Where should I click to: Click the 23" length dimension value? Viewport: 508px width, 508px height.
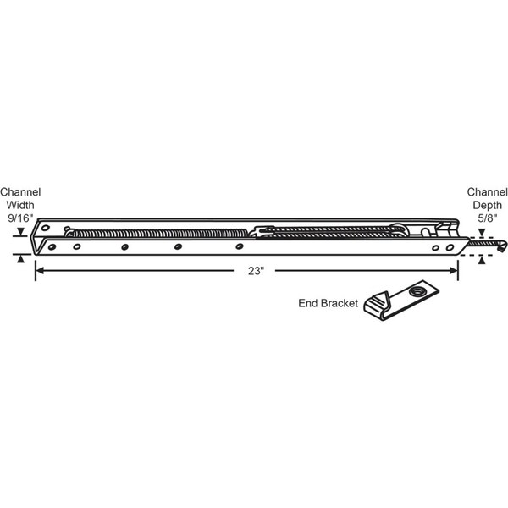point(256,271)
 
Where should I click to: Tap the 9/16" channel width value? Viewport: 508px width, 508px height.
point(20,218)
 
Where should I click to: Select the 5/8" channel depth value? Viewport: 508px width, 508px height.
point(488,218)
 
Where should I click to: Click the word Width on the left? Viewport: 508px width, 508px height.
point(20,205)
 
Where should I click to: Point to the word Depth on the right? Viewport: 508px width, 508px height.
point(488,205)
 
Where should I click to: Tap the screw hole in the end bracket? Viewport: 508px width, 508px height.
point(417,291)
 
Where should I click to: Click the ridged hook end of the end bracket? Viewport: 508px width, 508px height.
point(377,305)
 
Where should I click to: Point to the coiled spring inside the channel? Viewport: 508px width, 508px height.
point(159,234)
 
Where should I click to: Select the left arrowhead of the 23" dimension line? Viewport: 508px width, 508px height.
point(40,271)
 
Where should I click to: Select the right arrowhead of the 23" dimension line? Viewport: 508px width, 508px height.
point(454,271)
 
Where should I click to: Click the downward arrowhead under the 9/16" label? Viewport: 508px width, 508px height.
point(20,232)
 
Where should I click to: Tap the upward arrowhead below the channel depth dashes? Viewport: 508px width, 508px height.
point(482,260)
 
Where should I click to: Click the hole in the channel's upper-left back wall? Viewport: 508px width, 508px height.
point(46,228)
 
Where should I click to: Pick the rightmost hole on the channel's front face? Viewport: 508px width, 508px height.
point(450,248)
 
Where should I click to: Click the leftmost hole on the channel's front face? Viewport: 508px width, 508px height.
point(52,247)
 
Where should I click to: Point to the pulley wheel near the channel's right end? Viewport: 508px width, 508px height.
point(399,229)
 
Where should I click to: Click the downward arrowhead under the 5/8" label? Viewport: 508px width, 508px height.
point(482,233)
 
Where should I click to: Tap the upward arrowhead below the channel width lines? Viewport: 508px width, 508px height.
point(20,258)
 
